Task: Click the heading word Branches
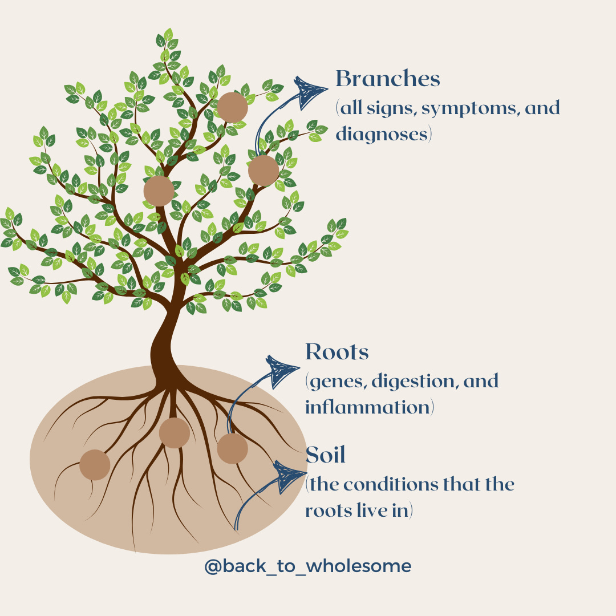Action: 388,79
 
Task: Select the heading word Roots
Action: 337,352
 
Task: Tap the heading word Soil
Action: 326,455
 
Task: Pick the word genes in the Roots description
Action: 337,381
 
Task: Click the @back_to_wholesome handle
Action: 308,566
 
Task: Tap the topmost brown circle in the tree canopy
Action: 232,107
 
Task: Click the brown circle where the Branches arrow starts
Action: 264,170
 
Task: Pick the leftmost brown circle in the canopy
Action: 159,191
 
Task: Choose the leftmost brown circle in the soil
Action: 95,464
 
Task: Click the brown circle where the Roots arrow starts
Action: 232,448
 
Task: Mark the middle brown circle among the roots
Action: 175,432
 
